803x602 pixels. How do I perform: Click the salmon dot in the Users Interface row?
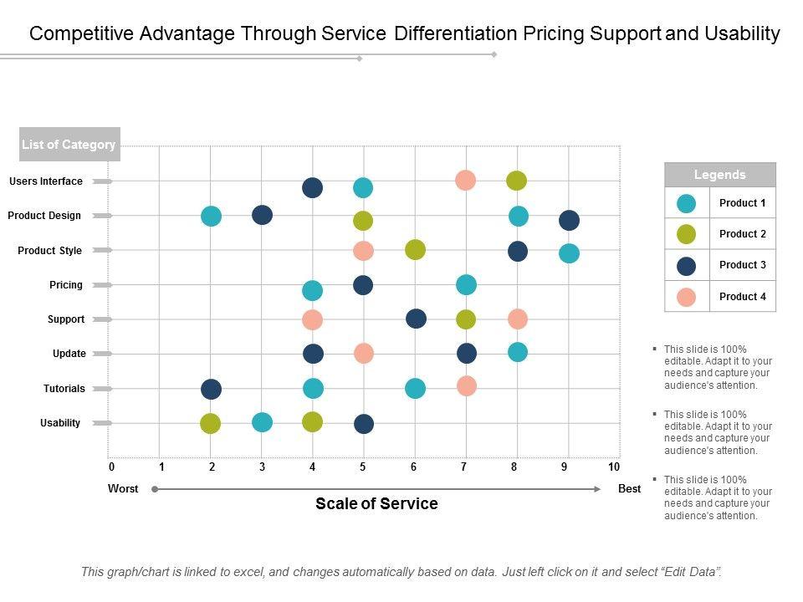[x=466, y=180]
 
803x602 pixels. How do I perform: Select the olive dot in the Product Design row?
[x=362, y=221]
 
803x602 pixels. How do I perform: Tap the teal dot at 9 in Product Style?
[x=569, y=253]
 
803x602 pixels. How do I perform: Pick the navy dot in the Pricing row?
[x=362, y=285]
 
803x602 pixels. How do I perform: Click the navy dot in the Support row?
[x=416, y=319]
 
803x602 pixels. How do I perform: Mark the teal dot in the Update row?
[x=518, y=352]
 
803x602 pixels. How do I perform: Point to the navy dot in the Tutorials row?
[x=211, y=389]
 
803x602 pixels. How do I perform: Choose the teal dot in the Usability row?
[x=262, y=422]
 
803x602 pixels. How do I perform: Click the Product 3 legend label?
[x=743, y=265]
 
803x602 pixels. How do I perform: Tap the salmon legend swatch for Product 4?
[x=687, y=297]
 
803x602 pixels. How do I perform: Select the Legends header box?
[x=720, y=175]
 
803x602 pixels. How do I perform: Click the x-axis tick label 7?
[x=463, y=467]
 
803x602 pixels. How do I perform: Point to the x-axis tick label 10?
[x=614, y=467]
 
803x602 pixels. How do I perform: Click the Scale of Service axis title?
[x=376, y=503]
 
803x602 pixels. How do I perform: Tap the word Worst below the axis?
[x=123, y=489]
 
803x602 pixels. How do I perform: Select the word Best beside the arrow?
[x=629, y=489]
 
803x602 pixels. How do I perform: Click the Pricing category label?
[x=66, y=285]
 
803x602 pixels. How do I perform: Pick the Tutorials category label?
[x=64, y=389]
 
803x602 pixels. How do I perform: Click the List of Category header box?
[x=69, y=145]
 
